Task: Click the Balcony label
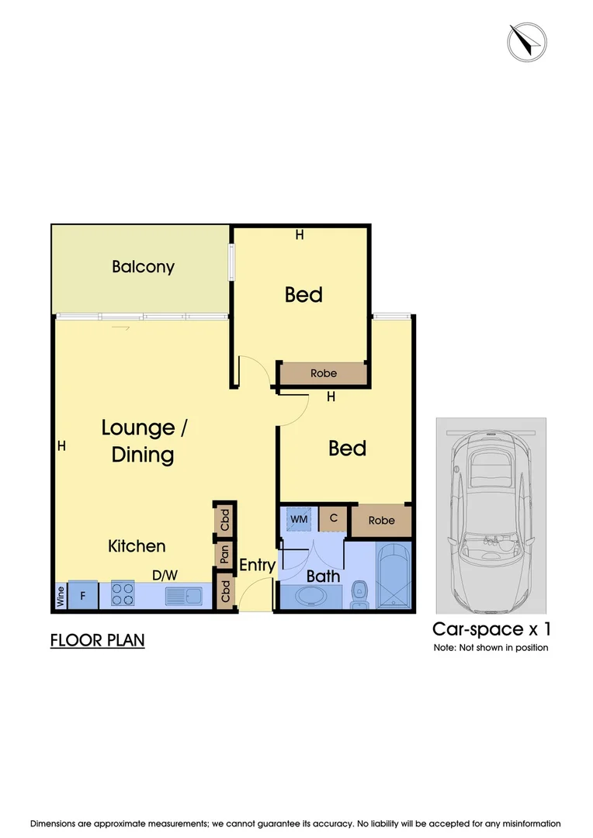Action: (x=143, y=267)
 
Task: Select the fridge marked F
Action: (x=82, y=595)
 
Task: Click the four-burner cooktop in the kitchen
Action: (x=123, y=594)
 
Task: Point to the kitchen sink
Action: (x=184, y=596)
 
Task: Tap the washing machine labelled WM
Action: (x=299, y=518)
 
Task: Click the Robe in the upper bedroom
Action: (x=324, y=373)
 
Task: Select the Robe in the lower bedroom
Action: (x=382, y=521)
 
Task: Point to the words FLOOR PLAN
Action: (x=97, y=641)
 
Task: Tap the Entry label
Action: (x=257, y=565)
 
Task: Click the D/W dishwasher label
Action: (x=164, y=575)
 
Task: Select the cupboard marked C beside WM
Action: (x=333, y=518)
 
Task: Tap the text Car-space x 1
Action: (x=491, y=628)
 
